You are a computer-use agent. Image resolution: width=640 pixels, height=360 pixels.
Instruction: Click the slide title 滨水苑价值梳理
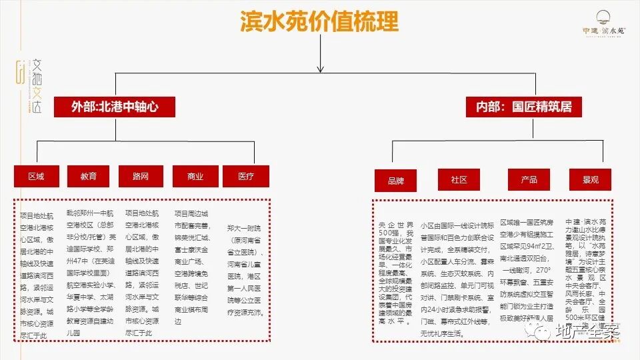(x=319, y=21)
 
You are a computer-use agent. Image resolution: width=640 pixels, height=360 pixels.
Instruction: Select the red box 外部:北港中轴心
(x=115, y=107)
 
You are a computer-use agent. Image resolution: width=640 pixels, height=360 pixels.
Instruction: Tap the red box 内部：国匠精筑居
(x=523, y=107)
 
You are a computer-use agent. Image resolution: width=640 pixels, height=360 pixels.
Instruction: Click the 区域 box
(x=36, y=176)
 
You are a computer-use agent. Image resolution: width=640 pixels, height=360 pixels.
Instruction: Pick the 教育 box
(x=88, y=176)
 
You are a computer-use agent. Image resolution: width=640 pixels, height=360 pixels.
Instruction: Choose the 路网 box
(x=141, y=176)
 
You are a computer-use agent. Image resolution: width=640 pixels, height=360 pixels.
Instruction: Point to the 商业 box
(x=195, y=176)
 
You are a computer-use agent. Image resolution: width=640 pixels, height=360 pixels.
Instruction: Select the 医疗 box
(x=246, y=176)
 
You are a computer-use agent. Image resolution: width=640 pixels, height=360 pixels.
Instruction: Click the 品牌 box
(x=395, y=180)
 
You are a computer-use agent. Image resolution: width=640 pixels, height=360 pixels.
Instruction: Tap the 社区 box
(x=459, y=179)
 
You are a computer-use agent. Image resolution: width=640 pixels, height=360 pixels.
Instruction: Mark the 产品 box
(x=529, y=179)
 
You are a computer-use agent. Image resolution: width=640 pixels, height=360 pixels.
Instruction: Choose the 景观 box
(x=591, y=179)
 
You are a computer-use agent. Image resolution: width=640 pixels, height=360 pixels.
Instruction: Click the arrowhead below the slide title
(x=320, y=67)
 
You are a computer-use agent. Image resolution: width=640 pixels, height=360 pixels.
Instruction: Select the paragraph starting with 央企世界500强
(x=396, y=270)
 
